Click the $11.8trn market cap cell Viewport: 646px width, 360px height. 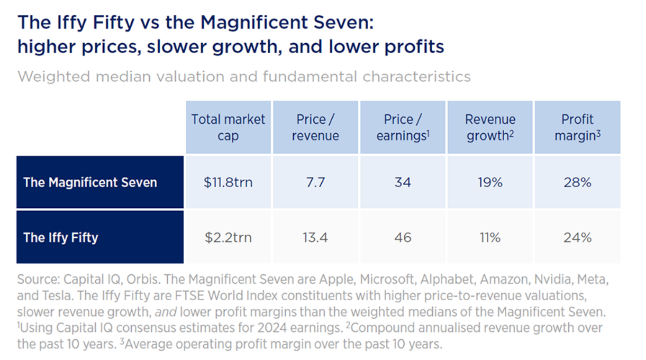tap(228, 183)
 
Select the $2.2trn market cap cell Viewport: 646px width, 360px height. tap(228, 237)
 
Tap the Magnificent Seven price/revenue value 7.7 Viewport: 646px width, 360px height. tap(315, 183)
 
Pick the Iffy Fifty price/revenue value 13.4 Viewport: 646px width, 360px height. tap(315, 237)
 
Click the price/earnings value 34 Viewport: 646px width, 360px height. tap(403, 183)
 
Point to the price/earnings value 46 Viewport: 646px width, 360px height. tap(403, 237)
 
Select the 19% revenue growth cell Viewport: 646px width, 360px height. tap(490, 183)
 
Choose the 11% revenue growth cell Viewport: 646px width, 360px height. tap(490, 237)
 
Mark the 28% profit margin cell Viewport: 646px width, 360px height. tap(577, 183)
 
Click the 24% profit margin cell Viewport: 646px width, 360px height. tap(577, 237)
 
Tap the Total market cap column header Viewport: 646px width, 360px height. tap(228, 127)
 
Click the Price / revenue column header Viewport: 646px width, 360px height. tap(315, 127)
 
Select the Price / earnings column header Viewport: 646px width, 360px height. tap(403, 127)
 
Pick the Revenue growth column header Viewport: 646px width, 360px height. tap(490, 127)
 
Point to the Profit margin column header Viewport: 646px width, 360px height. tap(577, 127)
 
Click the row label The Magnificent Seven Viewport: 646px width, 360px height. tap(90, 183)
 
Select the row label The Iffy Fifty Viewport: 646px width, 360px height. tap(61, 237)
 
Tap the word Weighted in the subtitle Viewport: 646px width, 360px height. tap(54, 76)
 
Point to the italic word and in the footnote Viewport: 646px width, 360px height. tap(166, 312)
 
